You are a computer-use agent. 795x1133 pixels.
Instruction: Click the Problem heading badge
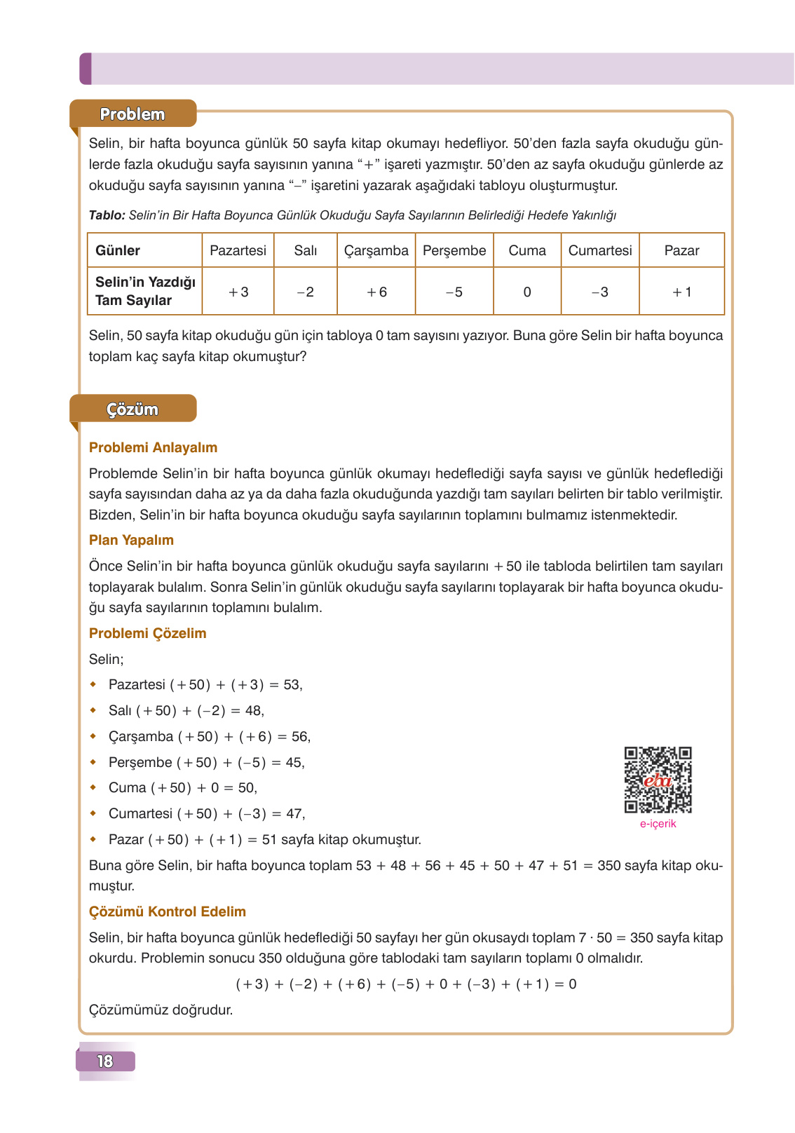[132, 114]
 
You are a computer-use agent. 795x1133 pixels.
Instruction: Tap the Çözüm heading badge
[132, 409]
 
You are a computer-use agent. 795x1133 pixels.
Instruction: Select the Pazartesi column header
[238, 250]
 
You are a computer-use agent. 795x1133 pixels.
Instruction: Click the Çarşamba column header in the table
[376, 250]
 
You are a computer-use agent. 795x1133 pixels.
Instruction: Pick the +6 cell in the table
[376, 292]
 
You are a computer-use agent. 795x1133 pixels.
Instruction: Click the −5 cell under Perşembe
[454, 292]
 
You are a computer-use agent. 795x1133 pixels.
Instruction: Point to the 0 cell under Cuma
[527, 292]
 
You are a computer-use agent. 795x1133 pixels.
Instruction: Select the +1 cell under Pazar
[681, 292]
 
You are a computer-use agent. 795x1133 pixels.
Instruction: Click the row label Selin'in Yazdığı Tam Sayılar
[145, 291]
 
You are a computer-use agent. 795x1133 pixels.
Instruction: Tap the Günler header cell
[118, 250]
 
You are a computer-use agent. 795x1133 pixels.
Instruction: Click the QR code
[658, 780]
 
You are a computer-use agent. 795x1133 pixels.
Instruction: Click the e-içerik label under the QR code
[658, 824]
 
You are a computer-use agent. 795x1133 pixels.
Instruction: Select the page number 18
[105, 1061]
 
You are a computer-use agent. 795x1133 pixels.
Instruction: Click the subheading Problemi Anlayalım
[153, 447]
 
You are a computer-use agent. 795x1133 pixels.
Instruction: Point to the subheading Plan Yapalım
[131, 540]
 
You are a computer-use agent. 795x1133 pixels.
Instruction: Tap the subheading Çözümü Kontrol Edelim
[167, 911]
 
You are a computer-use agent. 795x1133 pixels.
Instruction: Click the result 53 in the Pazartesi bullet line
[292, 684]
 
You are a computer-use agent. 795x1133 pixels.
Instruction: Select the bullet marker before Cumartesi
[93, 813]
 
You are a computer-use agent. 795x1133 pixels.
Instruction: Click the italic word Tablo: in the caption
[107, 215]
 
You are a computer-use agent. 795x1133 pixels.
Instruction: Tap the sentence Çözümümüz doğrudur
[161, 1010]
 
